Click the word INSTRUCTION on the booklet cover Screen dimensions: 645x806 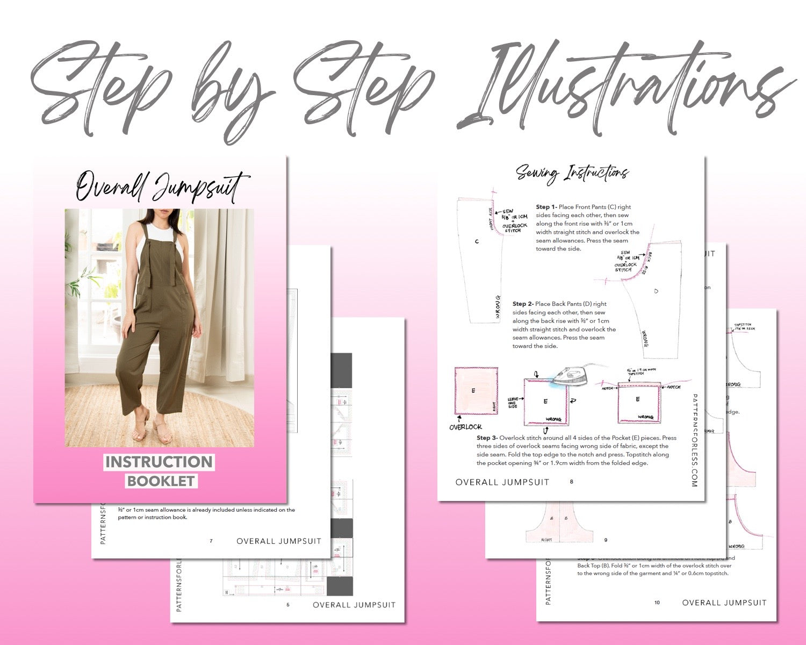click(159, 462)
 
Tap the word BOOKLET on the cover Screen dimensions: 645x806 click(161, 481)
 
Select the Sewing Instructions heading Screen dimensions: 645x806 click(572, 173)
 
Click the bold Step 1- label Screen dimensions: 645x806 click(546, 207)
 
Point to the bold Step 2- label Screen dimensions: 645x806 click(523, 304)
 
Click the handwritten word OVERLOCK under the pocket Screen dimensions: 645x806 click(465, 427)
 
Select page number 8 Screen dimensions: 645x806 click(571, 482)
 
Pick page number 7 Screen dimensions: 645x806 click(211, 541)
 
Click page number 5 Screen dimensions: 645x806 click(287, 605)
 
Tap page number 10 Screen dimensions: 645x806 click(657, 603)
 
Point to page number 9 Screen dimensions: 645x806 click(606, 540)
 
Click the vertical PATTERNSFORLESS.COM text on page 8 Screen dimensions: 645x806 click(694, 441)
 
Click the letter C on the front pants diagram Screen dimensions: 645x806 click(477, 241)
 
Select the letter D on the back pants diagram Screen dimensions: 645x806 click(656, 291)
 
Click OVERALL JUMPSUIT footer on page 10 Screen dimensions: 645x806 click(724, 603)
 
